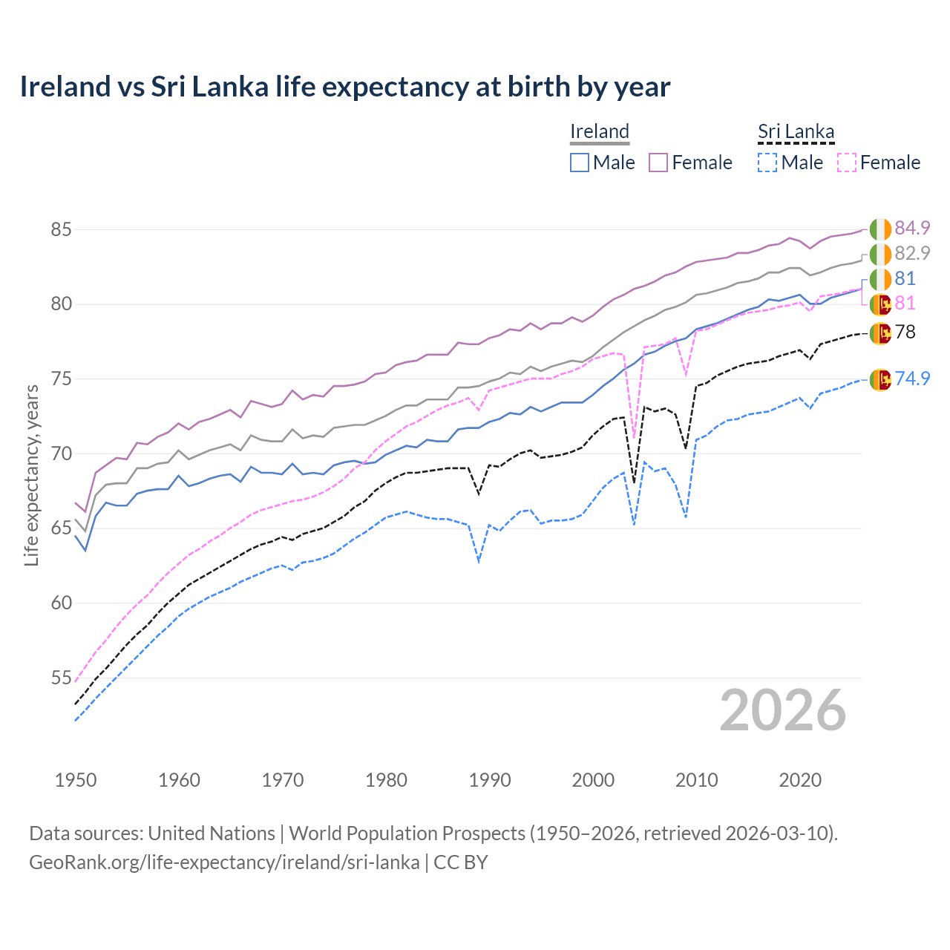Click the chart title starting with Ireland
345,87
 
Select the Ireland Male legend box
580,163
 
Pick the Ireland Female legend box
659,163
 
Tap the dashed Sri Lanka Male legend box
767,163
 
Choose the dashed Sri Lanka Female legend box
847,163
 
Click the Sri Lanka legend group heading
796,132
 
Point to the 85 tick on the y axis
61,230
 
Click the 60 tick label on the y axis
61,603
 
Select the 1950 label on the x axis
76,780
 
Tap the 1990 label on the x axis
490,780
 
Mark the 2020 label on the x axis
799,780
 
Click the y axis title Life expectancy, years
31,475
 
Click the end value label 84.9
912,229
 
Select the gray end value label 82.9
912,254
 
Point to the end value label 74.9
912,379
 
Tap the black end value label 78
905,332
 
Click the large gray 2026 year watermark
783,711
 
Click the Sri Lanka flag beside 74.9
880,379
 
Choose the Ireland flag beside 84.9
880,229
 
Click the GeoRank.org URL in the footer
224,862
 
